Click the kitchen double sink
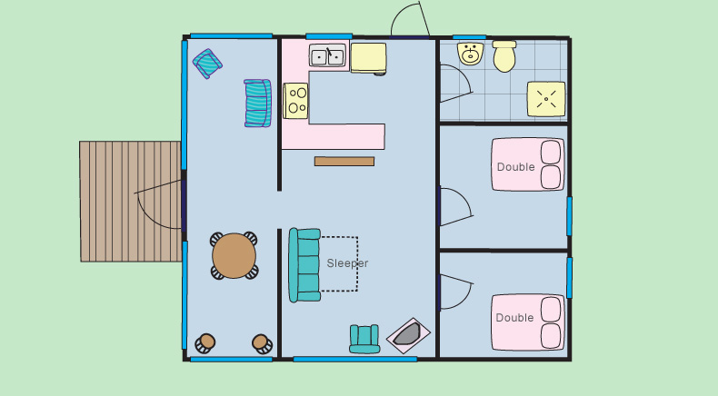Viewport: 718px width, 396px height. [327, 55]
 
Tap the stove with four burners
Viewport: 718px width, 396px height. [295, 101]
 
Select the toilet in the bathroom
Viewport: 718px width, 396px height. [504, 56]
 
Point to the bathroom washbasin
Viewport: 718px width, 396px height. [470, 54]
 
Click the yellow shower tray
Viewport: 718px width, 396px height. [546, 99]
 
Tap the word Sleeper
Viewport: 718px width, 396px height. [347, 263]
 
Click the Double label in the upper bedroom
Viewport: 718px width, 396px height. [515, 167]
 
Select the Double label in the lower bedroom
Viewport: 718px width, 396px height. [514, 318]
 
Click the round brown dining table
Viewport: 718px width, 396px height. [234, 255]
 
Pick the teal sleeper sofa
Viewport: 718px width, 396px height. [304, 265]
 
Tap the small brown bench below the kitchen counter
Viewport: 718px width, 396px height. [344, 161]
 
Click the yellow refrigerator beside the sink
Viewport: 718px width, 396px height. [368, 58]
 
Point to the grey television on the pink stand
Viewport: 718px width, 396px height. [407, 334]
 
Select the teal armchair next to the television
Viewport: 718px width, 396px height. [364, 339]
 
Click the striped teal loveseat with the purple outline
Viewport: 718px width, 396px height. [257, 103]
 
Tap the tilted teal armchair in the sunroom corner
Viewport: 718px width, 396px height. [207, 64]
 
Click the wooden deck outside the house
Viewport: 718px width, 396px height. [131, 202]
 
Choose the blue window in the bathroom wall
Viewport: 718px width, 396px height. [469, 37]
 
